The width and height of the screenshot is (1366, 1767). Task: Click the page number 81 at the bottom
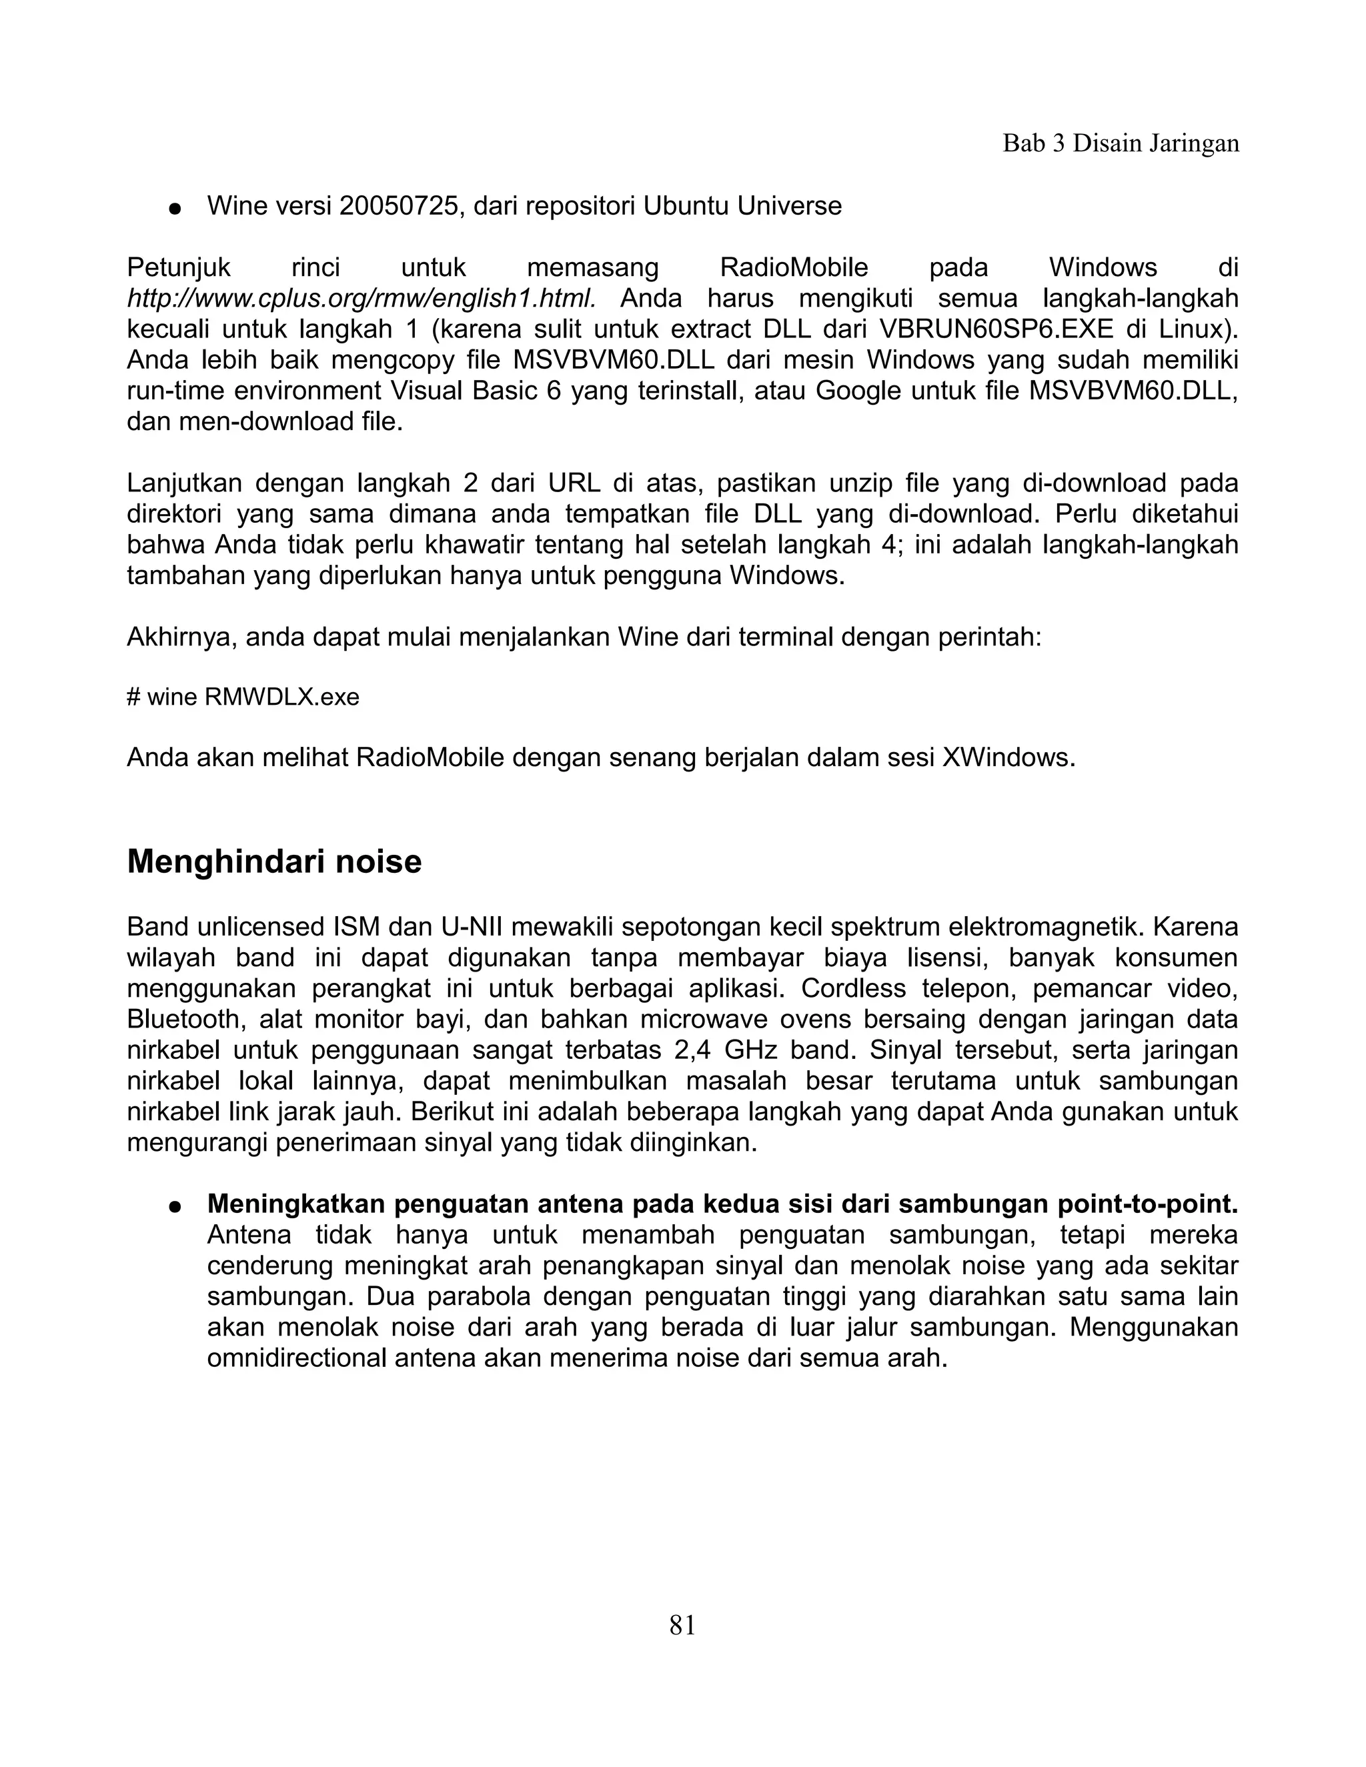pos(682,1624)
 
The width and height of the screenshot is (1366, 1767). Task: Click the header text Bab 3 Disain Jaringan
pos(1121,143)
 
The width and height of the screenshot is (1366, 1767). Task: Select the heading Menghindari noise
pos(274,861)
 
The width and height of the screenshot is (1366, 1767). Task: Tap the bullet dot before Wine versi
pos(174,209)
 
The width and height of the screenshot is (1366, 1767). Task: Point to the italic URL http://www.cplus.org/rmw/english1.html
pos(362,299)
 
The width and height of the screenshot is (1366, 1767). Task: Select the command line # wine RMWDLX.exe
pos(243,697)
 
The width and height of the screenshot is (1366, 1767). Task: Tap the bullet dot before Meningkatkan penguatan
pos(174,1206)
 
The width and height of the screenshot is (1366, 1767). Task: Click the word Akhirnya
pos(181,637)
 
